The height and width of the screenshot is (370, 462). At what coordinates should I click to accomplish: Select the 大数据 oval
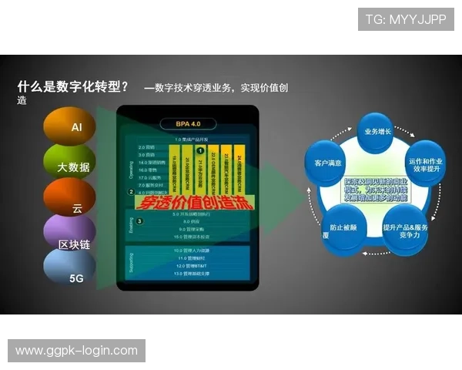pyautogui.click(x=72, y=165)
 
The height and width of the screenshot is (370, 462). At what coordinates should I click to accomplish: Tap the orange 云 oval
pyautogui.click(x=71, y=200)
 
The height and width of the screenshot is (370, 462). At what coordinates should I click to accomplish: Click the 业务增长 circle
pyautogui.click(x=377, y=132)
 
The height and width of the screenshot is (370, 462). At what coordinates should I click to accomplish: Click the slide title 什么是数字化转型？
pyautogui.click(x=72, y=86)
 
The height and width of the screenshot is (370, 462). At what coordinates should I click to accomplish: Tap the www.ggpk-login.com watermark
pyautogui.click(x=76, y=351)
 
